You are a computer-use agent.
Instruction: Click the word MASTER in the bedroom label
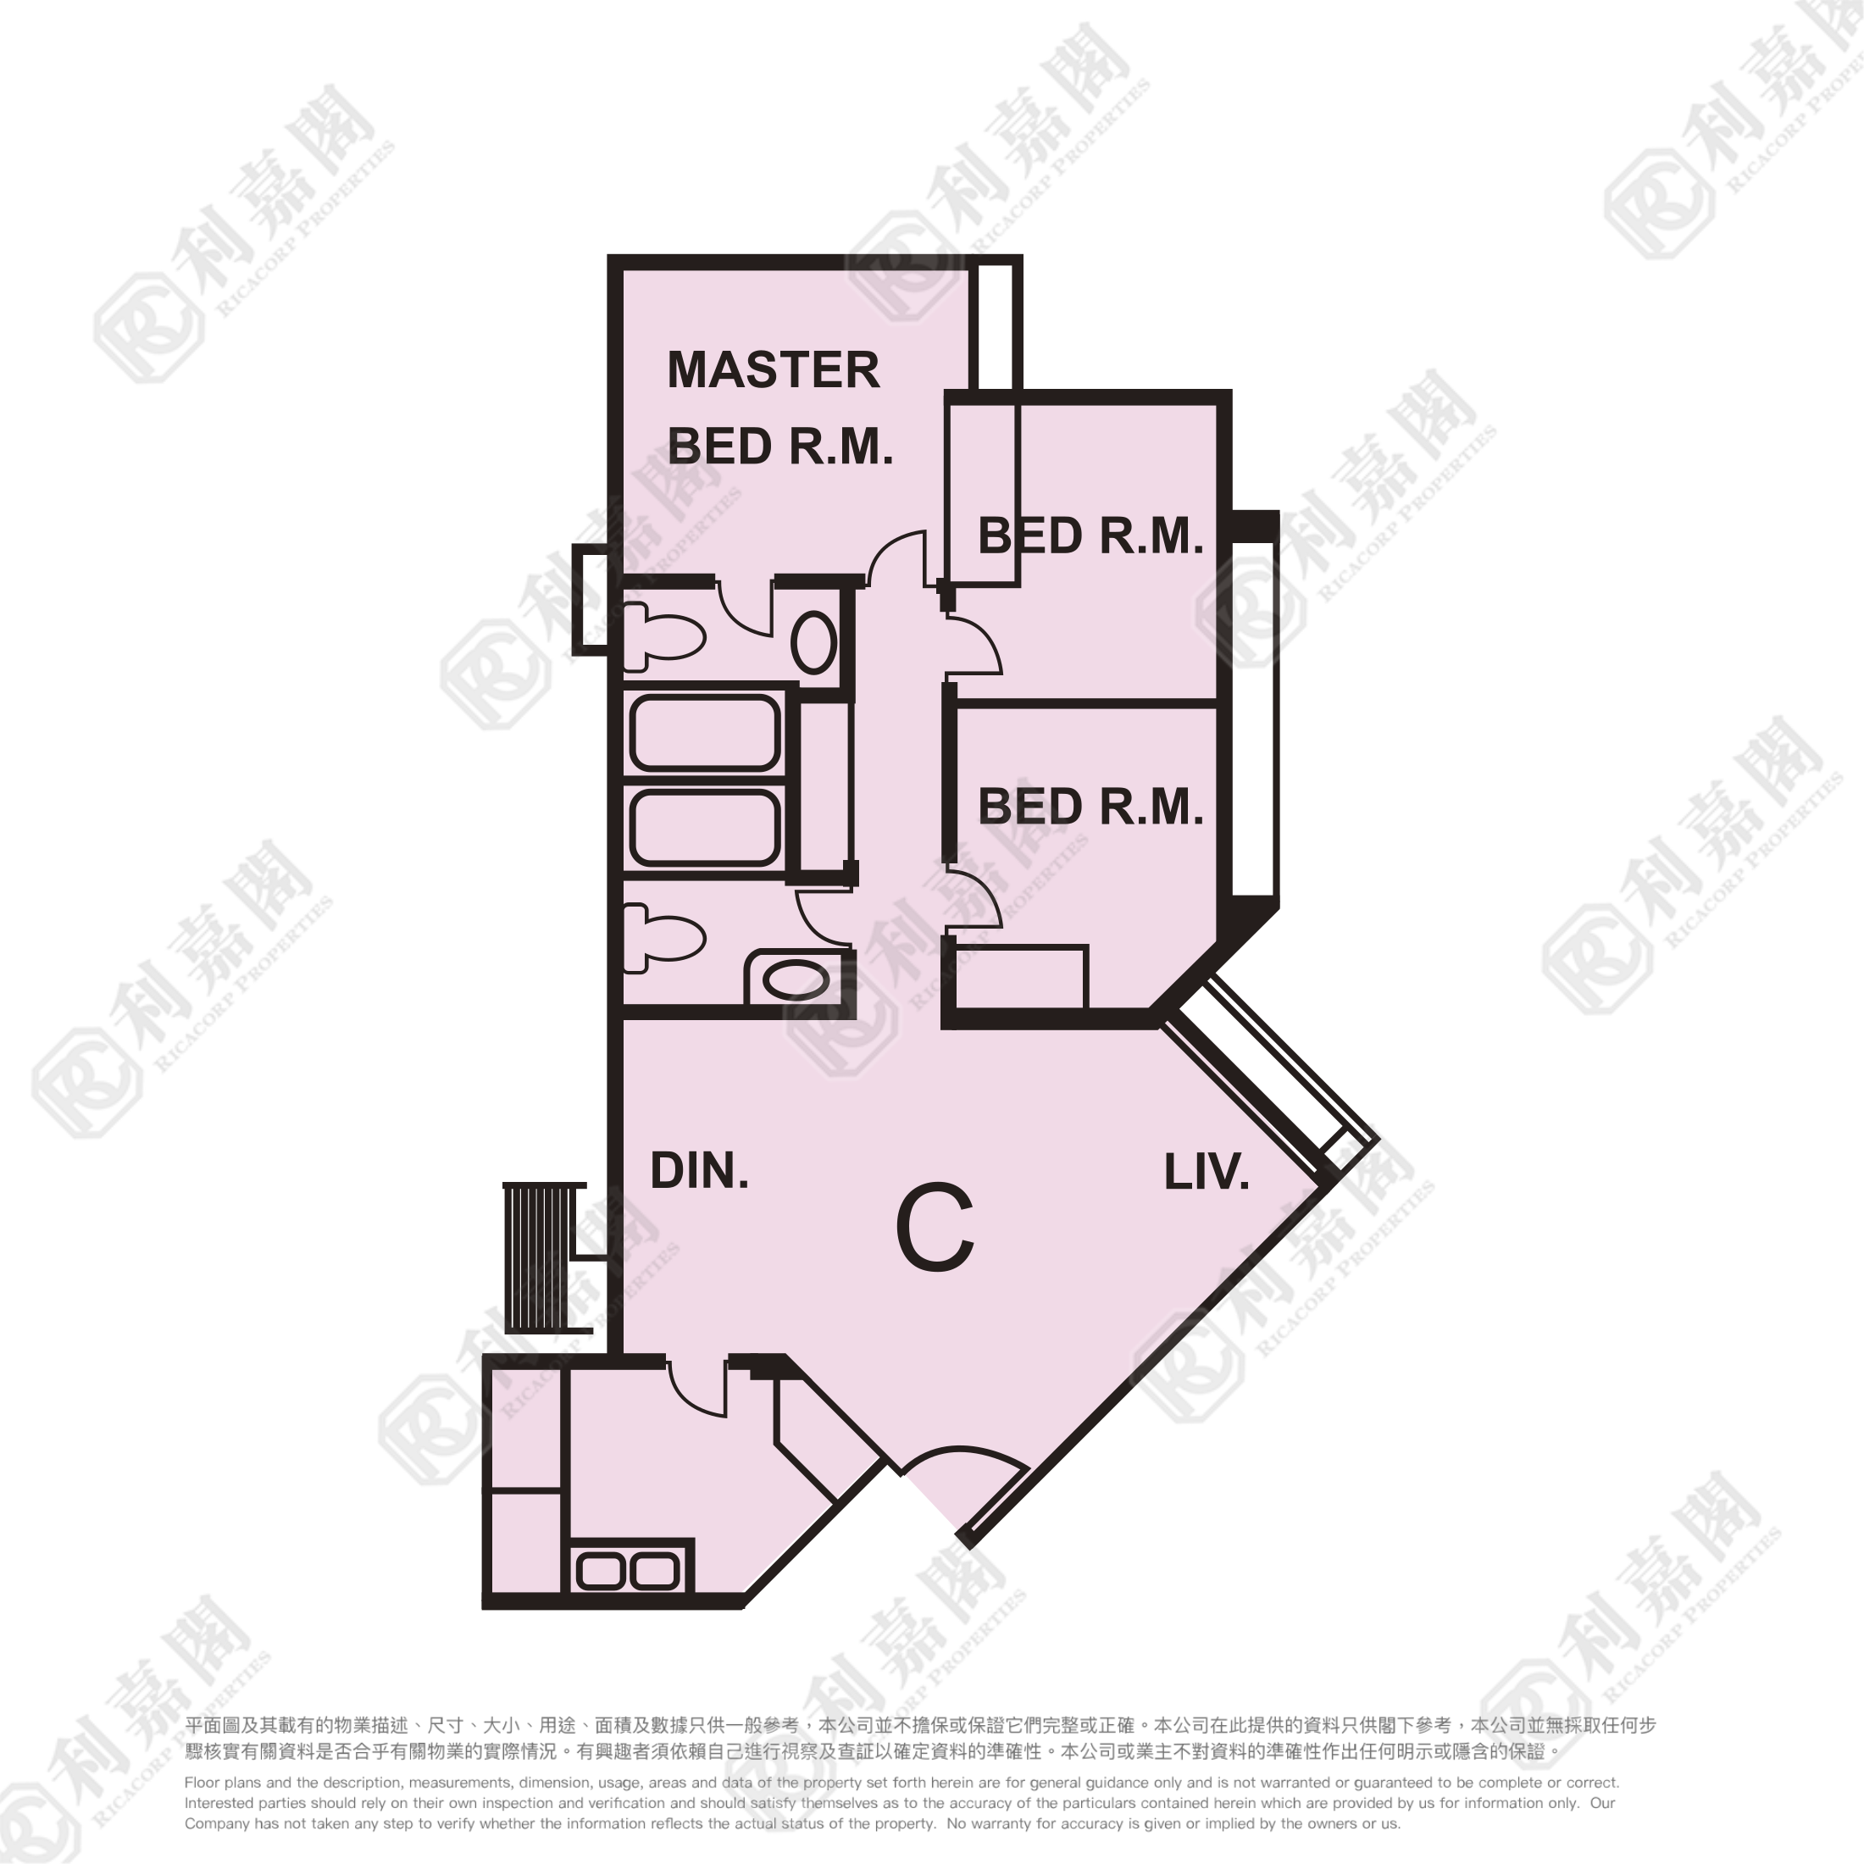click(x=773, y=370)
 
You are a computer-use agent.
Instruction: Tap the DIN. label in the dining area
click(x=700, y=1171)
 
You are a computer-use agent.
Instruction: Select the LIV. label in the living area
click(x=1206, y=1173)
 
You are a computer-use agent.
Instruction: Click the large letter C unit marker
click(x=934, y=1229)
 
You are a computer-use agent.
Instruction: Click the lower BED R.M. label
click(x=1090, y=807)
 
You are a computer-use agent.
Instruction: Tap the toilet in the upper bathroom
click(x=663, y=637)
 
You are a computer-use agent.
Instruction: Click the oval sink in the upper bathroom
click(x=813, y=642)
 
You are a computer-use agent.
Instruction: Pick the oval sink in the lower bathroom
click(x=796, y=981)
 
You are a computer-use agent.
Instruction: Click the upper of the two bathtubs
click(x=704, y=733)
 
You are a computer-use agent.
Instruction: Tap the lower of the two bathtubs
click(x=704, y=828)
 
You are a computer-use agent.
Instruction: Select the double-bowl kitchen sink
click(x=627, y=1573)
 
